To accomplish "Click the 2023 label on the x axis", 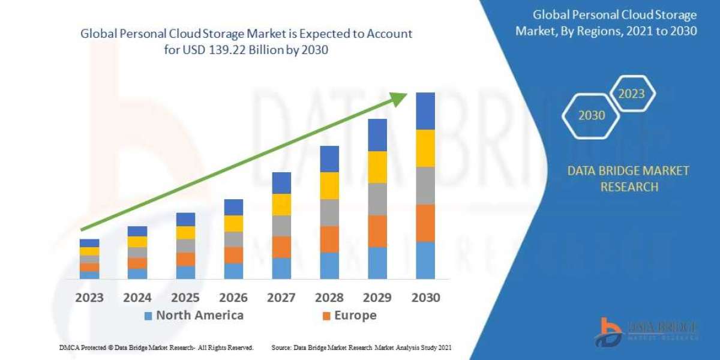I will pos(89,298).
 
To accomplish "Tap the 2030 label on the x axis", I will pos(425,298).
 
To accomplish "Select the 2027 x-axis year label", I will pos(281,298).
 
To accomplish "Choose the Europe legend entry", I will pos(349,316).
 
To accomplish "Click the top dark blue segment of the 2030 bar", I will pos(425,111).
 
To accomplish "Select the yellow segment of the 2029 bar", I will pos(377,167).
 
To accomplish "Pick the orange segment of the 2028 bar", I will pos(329,239).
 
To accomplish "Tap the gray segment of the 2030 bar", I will pos(425,185).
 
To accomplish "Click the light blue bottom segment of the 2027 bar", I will pos(281,268).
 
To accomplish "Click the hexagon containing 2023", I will pos(632,94).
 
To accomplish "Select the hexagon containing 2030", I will pos(592,115).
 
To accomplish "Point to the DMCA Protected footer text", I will pos(156,347).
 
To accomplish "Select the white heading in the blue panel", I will pos(606,23).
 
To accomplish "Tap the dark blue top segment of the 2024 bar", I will pos(137,231).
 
